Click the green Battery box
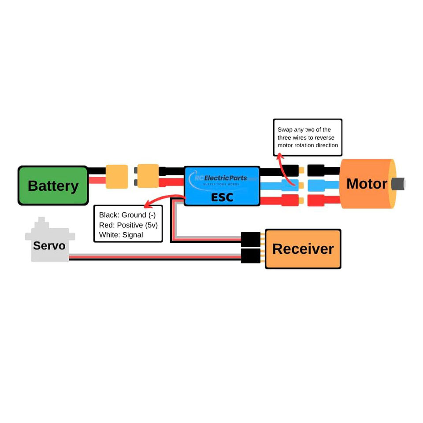point(53,186)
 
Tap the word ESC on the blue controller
point(222,197)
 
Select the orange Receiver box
point(303,249)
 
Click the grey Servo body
point(49,245)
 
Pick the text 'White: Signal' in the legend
point(121,235)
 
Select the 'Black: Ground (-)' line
point(127,215)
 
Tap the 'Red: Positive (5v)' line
point(128,225)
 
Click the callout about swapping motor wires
point(308,137)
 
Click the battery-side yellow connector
point(117,177)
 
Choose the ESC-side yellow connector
point(148,176)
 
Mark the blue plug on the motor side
point(316,186)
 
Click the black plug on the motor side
point(316,171)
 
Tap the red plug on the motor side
point(316,200)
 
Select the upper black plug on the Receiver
point(251,240)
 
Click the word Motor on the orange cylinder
point(367,184)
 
